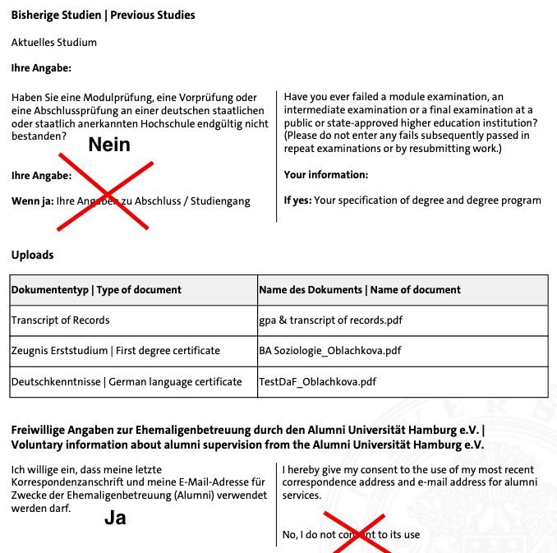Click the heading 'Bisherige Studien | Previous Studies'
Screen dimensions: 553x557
pyautogui.click(x=103, y=16)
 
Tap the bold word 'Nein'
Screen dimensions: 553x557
pyautogui.click(x=109, y=145)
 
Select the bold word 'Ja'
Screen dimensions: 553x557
pyautogui.click(x=115, y=518)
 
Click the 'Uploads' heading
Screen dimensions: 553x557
pyautogui.click(x=32, y=255)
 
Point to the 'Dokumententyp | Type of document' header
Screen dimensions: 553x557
pyautogui.click(x=96, y=289)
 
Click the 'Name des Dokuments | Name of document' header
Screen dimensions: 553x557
pyautogui.click(x=359, y=289)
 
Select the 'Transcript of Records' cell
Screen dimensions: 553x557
pyautogui.click(x=60, y=320)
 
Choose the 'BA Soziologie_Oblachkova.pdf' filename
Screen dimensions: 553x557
pyautogui.click(x=330, y=350)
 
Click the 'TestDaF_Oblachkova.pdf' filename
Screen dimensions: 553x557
pyautogui.click(x=317, y=381)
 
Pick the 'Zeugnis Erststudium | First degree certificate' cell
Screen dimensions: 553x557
pyautogui.click(x=116, y=350)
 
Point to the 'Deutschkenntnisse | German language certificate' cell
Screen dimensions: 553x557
pyautogui.click(x=127, y=381)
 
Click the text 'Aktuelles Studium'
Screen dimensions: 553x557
pyautogui.click(x=54, y=42)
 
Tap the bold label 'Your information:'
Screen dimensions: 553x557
pyautogui.click(x=325, y=174)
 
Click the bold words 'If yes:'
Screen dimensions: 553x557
pyautogui.click(x=297, y=200)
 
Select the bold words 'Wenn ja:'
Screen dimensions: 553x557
pyautogui.click(x=32, y=200)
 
